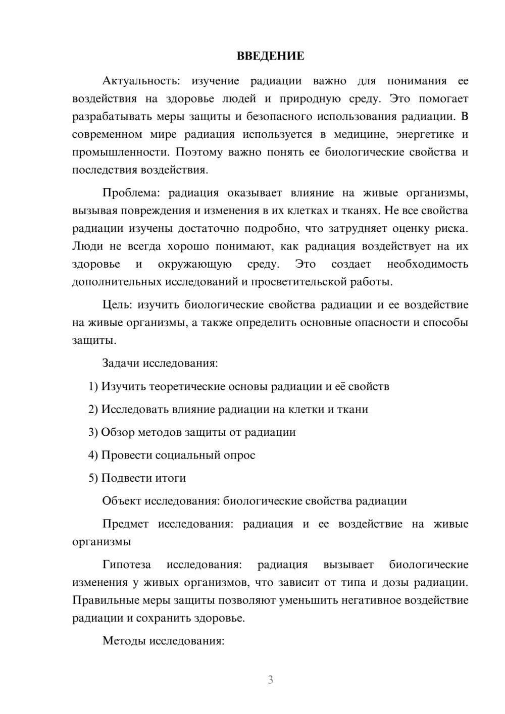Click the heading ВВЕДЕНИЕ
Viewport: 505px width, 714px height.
pos(270,56)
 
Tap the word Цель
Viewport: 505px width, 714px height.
pos(117,304)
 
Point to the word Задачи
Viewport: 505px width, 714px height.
pos(121,363)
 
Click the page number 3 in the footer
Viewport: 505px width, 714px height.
pos(270,680)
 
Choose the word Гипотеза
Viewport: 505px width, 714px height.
pos(127,565)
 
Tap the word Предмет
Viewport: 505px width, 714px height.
pos(125,524)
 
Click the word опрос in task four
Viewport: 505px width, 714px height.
pos(238,455)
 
